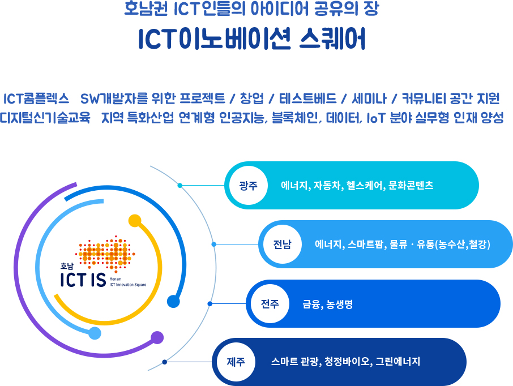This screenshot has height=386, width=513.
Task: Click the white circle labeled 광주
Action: click(x=249, y=186)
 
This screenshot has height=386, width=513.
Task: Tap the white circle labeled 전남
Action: click(x=283, y=245)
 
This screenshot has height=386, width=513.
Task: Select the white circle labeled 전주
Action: click(x=270, y=304)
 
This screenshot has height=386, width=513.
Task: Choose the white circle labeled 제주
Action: click(x=236, y=362)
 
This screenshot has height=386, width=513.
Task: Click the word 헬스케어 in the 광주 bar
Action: click(x=365, y=186)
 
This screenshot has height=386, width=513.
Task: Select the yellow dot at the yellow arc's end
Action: click(x=135, y=221)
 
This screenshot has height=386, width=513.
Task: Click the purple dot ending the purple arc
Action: click(x=157, y=337)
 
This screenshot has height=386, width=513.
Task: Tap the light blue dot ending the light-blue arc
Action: click(x=95, y=333)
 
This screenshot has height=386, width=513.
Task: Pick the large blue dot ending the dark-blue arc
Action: click(x=173, y=301)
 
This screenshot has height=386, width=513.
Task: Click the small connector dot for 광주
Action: click(x=179, y=186)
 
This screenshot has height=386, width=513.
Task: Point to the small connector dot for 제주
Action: click(x=165, y=362)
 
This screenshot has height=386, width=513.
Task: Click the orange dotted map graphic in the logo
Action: click(x=105, y=253)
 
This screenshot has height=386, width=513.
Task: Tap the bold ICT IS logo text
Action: click(x=83, y=280)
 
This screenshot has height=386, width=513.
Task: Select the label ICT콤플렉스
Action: click(x=36, y=98)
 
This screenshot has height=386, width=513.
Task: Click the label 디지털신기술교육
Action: click(x=45, y=118)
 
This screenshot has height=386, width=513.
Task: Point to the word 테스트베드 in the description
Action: click(x=308, y=98)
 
